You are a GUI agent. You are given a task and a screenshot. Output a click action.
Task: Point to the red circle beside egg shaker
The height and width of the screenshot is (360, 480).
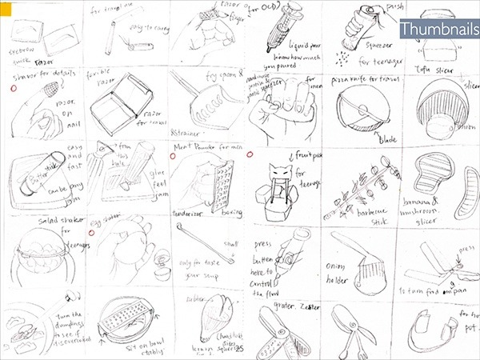point(92,232)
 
